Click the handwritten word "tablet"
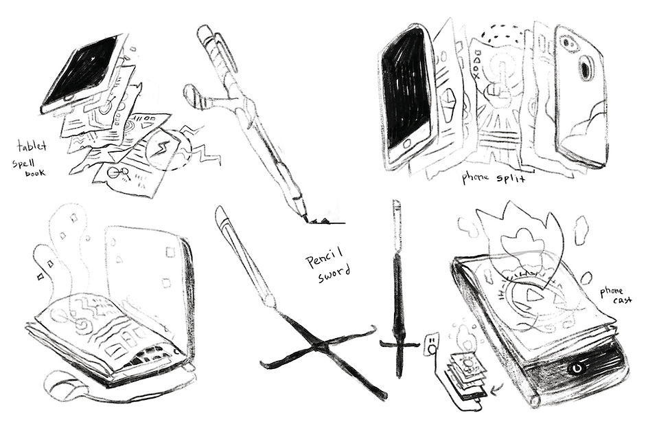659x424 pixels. tap(32, 146)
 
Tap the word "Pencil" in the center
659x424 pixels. tap(324, 257)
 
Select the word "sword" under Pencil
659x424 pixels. tap(334, 274)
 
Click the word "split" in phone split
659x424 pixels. tap(511, 179)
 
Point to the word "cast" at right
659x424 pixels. tap(622, 300)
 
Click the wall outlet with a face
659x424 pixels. tap(432, 343)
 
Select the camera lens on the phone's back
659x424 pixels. tap(586, 67)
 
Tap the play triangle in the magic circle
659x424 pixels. tap(535, 295)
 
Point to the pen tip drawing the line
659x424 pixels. tap(304, 218)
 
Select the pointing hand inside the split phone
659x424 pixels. tap(497, 86)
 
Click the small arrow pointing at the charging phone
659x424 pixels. tap(496, 390)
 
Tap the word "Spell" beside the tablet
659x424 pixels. tap(23, 164)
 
